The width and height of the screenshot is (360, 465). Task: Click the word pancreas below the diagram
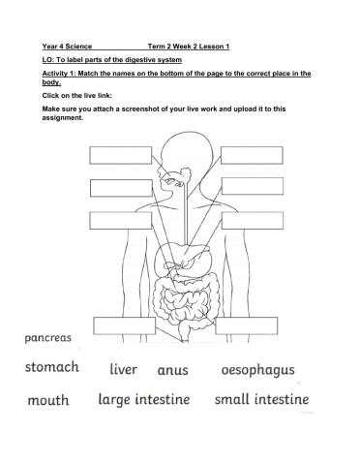(41, 339)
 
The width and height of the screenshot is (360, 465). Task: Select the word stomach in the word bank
(52, 369)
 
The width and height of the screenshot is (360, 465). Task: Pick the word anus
(172, 370)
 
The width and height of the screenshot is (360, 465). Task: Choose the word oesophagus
(257, 370)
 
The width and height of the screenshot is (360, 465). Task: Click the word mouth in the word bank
(48, 399)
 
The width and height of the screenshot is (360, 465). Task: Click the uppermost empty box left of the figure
(115, 155)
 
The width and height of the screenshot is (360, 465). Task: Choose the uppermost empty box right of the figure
(251, 155)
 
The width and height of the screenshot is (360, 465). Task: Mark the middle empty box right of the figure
(251, 186)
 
